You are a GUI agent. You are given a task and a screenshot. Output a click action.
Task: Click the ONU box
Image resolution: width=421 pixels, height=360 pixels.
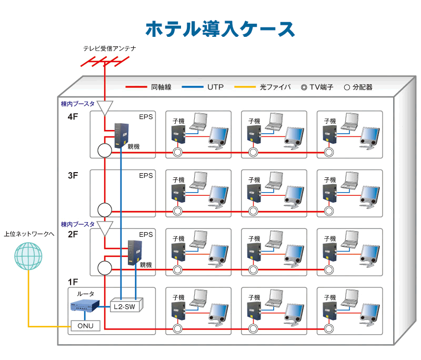(x=85, y=326)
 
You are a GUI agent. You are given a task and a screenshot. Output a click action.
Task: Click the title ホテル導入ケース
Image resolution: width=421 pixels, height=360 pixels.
(x=219, y=29)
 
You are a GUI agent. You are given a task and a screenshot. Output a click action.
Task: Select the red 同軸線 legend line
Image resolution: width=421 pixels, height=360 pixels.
(x=135, y=87)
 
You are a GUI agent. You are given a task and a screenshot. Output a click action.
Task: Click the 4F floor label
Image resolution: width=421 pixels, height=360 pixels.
(x=73, y=117)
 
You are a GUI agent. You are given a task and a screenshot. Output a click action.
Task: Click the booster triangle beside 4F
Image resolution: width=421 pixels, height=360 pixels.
(x=105, y=108)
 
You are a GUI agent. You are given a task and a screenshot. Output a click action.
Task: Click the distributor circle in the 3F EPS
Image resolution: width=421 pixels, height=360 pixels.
(x=105, y=209)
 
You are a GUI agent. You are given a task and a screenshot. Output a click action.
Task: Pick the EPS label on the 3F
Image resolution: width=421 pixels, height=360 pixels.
(x=146, y=176)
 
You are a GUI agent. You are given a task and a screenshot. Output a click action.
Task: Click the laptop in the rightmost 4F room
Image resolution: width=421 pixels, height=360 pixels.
(x=350, y=122)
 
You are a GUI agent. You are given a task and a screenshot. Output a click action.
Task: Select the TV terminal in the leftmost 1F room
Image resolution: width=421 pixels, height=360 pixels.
(x=177, y=329)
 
